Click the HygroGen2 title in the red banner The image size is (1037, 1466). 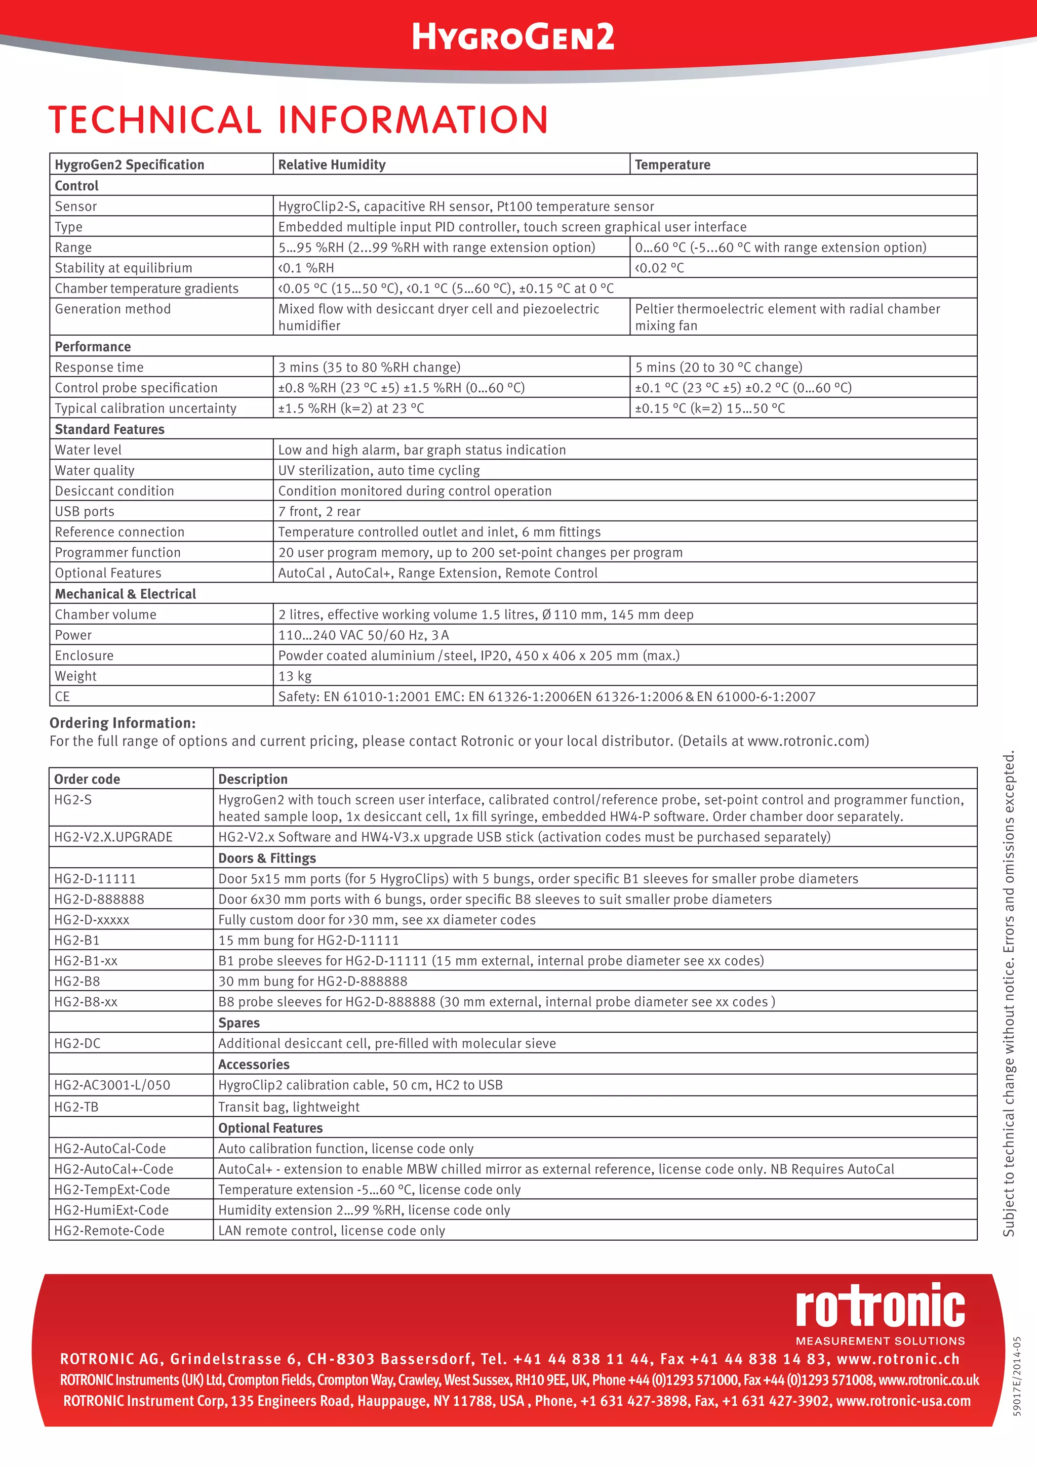tap(513, 37)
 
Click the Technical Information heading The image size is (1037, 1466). tap(298, 119)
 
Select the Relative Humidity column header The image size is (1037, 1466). tap(332, 165)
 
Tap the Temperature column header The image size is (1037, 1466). tap(672, 165)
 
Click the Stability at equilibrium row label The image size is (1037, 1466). tap(123, 268)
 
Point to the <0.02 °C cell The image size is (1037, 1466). tap(659, 268)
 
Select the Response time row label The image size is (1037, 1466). tap(99, 367)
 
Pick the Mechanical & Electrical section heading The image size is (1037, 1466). tap(125, 594)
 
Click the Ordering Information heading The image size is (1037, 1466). tap(123, 723)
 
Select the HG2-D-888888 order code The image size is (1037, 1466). tap(99, 899)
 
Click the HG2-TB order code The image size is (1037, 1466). tap(76, 1107)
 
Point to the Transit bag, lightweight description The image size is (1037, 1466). tap(289, 1107)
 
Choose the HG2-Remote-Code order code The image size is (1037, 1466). tap(109, 1231)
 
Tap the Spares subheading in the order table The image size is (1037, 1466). tap(239, 1023)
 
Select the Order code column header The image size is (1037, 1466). tap(87, 779)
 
